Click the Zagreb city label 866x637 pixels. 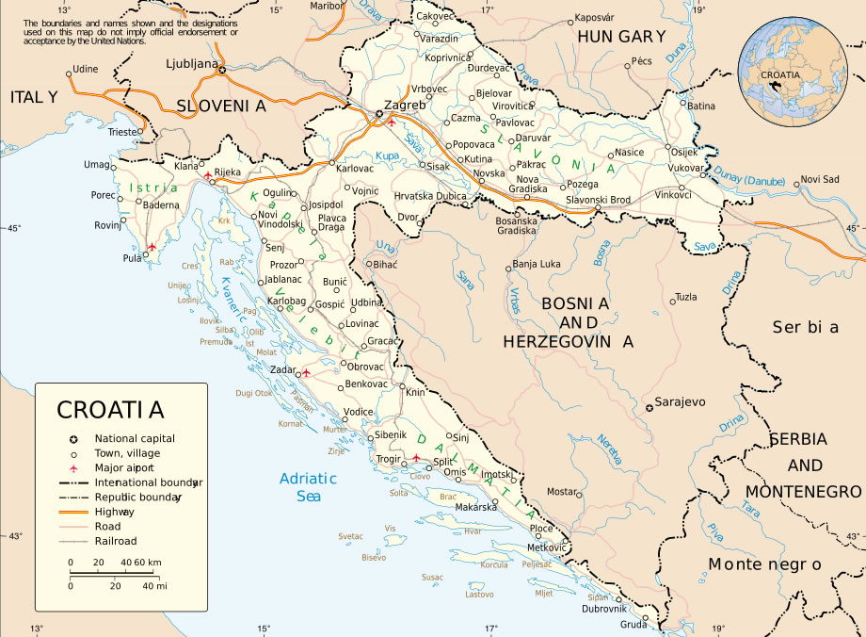point(407,105)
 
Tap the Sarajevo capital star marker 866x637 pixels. point(649,408)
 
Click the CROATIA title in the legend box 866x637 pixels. point(110,410)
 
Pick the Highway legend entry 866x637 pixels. point(114,511)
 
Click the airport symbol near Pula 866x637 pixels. point(151,248)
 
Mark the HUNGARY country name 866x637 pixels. point(621,37)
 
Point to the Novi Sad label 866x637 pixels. point(819,179)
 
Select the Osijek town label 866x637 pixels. point(683,153)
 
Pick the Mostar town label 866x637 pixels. point(562,492)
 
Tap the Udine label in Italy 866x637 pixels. point(86,69)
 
